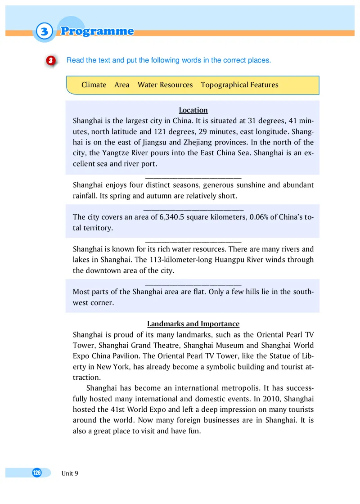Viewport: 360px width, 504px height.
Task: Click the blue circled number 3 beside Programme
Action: tap(42, 31)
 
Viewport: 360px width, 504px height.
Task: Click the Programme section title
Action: tap(97, 31)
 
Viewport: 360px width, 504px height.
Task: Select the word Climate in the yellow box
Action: tap(94, 85)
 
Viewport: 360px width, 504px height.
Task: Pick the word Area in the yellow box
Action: tap(121, 85)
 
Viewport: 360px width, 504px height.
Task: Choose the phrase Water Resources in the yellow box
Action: tap(165, 85)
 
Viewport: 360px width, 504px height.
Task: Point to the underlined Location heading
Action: tap(193, 110)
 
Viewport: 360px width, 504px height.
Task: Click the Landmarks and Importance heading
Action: tap(193, 324)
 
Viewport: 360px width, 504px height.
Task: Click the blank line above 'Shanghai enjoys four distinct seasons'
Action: tap(193, 179)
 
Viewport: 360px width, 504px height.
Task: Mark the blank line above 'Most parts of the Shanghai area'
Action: tap(193, 284)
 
